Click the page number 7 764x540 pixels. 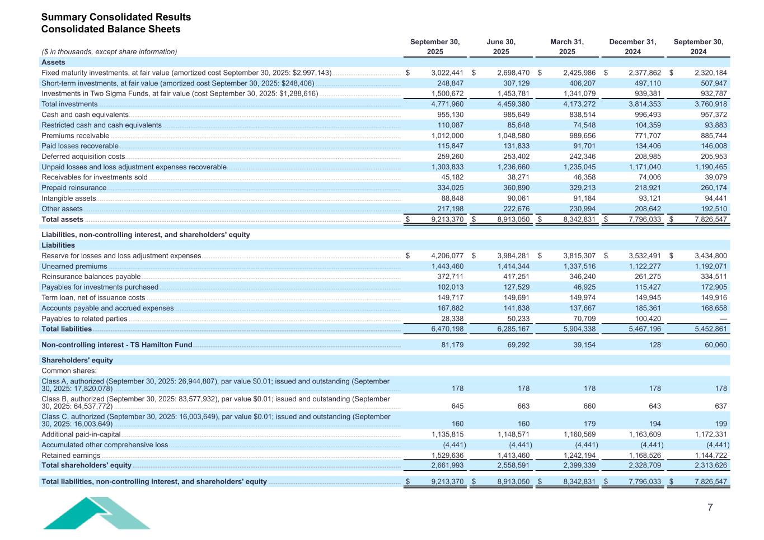[710, 508]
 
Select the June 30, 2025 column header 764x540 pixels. [501, 46]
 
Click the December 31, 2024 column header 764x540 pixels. [632, 46]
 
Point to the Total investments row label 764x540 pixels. [69, 104]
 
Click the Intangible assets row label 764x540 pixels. [69, 198]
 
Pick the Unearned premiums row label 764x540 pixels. [74, 267]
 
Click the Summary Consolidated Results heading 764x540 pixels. [116, 17]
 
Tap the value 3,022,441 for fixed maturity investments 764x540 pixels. [447, 73]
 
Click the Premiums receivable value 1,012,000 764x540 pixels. [447, 136]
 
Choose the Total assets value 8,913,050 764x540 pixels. [513, 220]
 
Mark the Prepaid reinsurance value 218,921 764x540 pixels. [645, 188]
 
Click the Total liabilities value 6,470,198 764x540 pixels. [447, 329]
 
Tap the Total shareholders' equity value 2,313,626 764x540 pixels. [711, 465]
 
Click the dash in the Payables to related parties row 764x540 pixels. [723, 319]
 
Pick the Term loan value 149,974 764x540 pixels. [579, 298]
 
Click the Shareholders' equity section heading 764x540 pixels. [77, 360]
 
